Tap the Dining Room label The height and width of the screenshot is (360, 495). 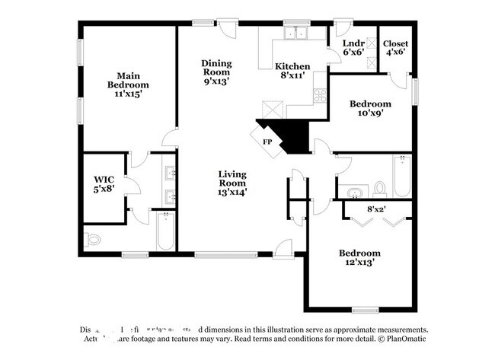pyautogui.click(x=216, y=71)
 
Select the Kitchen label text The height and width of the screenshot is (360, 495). pyautogui.click(x=292, y=71)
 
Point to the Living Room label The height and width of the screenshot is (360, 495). pyautogui.click(x=232, y=183)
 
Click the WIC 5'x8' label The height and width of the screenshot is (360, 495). pyautogui.click(x=104, y=185)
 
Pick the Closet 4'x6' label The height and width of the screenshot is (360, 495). pyautogui.click(x=396, y=47)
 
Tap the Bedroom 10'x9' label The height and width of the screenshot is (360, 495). pyautogui.click(x=370, y=108)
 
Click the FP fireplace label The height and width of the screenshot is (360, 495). pyautogui.click(x=267, y=142)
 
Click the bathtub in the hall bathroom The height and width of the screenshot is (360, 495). pyautogui.click(x=401, y=176)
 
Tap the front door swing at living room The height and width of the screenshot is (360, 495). pyautogui.click(x=283, y=247)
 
